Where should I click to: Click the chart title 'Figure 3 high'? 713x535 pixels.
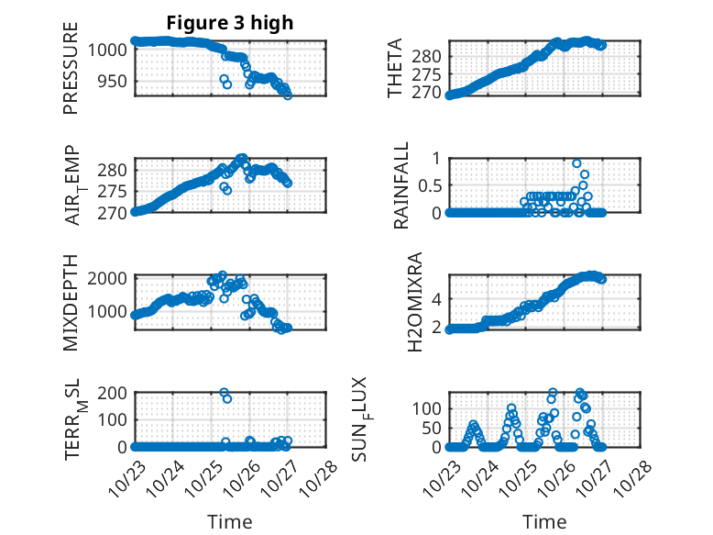[x=229, y=23]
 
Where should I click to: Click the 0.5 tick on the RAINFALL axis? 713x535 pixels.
[x=431, y=184]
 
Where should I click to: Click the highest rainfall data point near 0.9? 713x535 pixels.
[x=576, y=163]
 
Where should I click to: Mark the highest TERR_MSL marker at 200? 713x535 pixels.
[x=224, y=393]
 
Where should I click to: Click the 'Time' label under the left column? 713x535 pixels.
[x=230, y=521]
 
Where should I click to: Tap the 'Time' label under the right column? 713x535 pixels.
[x=544, y=521]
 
